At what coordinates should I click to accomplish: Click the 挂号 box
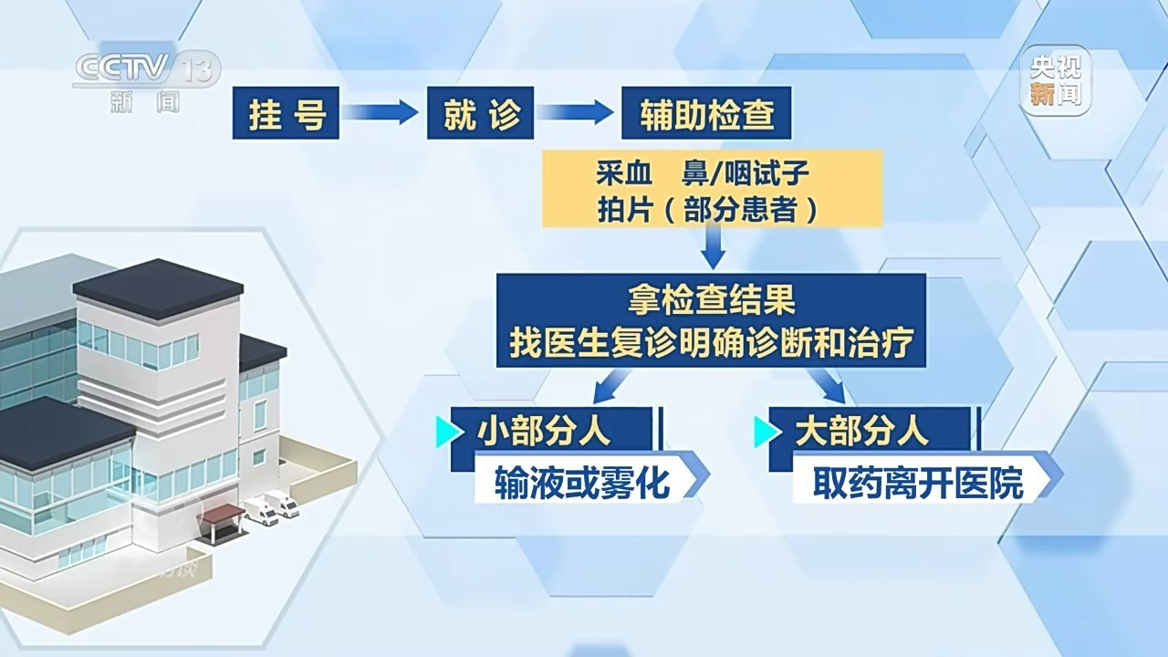click(286, 112)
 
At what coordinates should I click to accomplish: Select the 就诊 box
click(480, 112)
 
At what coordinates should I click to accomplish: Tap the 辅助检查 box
click(706, 112)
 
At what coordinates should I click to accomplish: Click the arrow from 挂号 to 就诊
click(381, 112)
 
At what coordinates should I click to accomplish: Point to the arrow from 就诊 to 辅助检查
click(576, 112)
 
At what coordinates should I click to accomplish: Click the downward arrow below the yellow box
click(713, 248)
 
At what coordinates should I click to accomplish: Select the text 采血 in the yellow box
click(624, 173)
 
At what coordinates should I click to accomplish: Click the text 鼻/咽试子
click(746, 173)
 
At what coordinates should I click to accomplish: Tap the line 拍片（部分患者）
click(707, 210)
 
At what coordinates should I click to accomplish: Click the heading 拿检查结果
click(711, 299)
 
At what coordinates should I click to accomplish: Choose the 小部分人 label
click(544, 432)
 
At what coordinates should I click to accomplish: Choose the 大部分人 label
click(862, 432)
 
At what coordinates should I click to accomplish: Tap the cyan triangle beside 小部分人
click(448, 432)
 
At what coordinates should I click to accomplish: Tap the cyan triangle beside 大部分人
click(767, 432)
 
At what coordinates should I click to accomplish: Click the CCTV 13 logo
click(147, 82)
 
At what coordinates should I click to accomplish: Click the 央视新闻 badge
click(1056, 81)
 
